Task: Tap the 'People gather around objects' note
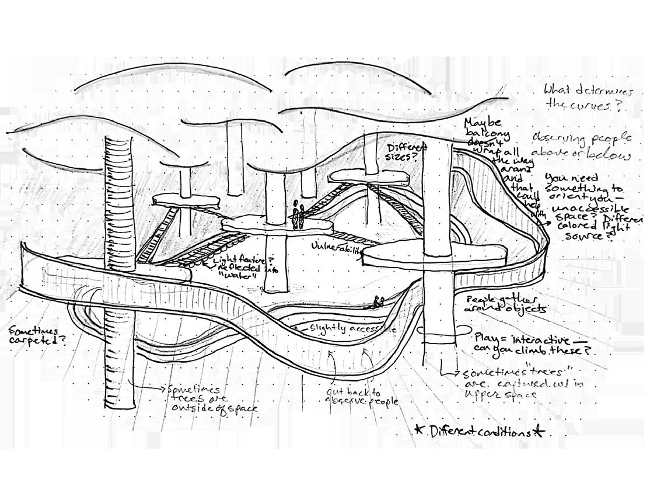pos(505,303)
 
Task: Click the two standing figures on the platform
pos(298,215)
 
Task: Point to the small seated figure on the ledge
pos(379,302)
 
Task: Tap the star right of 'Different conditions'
pos(539,432)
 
